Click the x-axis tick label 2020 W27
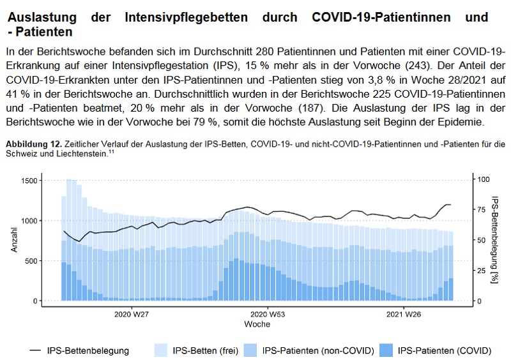(x=132, y=314)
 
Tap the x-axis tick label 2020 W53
(x=268, y=314)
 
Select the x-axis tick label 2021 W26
(x=404, y=314)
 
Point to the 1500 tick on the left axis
(x=29, y=181)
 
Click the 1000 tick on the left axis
(x=29, y=221)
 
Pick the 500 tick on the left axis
(x=31, y=260)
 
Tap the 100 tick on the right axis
(x=484, y=181)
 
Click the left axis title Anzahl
(x=14, y=241)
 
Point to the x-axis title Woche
(x=257, y=324)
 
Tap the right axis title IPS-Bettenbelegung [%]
(x=494, y=241)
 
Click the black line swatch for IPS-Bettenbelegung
(x=36, y=350)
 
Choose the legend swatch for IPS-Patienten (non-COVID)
(x=252, y=350)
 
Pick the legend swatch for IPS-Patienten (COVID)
(x=386, y=350)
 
